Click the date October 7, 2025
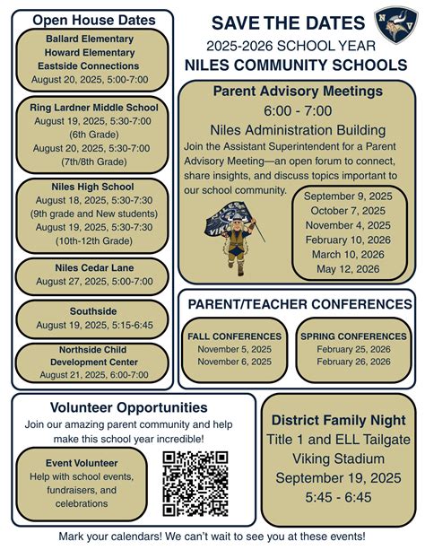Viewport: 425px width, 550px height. pos(347,211)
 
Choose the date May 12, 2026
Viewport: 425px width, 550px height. pos(347,267)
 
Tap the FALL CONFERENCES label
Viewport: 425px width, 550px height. pos(235,336)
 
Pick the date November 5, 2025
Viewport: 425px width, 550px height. pos(235,349)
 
